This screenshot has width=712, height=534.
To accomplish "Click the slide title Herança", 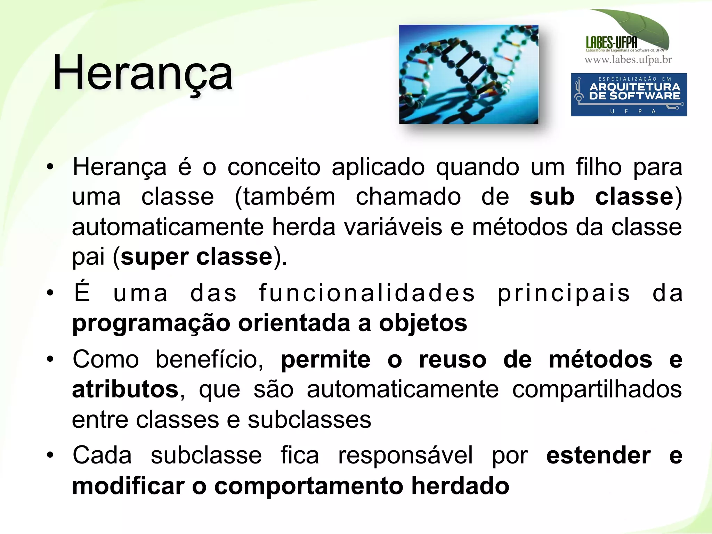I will coord(143,73).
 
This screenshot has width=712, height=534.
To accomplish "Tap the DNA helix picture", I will coord(469,74).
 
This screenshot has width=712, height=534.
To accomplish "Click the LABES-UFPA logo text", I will coord(612,43).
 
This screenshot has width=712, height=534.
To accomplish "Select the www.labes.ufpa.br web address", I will coord(628,60).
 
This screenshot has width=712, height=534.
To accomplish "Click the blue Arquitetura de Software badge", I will coord(629,95).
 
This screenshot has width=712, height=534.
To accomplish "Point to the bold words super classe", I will coord(196,257).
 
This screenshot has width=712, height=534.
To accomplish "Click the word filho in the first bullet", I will coord(599,167).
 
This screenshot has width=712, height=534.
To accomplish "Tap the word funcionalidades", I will coord(367,293).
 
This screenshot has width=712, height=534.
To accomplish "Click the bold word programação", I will coord(151,323).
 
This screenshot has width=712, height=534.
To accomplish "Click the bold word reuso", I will coord(453,359).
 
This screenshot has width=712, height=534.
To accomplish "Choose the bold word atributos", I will coord(125,389).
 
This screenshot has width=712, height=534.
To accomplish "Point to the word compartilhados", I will coord(597,389).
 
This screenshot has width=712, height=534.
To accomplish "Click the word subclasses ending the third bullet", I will coord(309,420).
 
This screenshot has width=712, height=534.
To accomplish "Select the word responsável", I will coord(405,455).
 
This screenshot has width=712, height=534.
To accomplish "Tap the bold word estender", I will coord(598,455).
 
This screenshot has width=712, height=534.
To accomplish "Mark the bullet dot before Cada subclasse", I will coord(50,455).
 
